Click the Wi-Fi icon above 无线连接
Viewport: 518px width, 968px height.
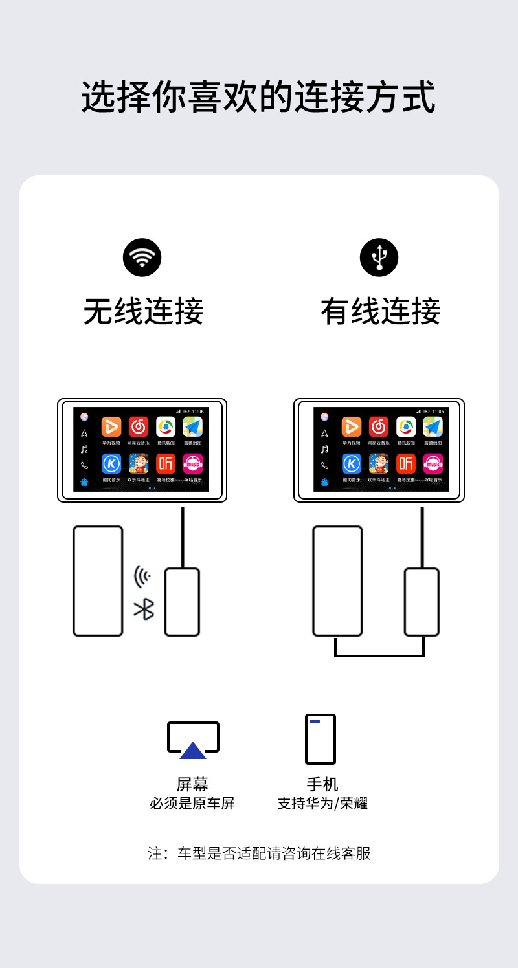[142, 258]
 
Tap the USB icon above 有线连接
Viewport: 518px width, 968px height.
[379, 258]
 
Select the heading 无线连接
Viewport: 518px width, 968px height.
[143, 311]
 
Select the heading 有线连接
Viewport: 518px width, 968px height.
[380, 311]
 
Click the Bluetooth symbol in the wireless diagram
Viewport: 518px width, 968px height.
[144, 609]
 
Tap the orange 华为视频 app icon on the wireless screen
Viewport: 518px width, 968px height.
[111, 426]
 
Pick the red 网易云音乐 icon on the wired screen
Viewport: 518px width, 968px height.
[379, 426]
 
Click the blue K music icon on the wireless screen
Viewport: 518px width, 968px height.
[111, 463]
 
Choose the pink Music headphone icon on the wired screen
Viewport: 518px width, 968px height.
[433, 463]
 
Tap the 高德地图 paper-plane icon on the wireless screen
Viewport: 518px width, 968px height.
[193, 426]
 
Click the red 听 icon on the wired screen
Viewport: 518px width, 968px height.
[406, 463]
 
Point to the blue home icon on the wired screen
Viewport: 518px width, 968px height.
[324, 481]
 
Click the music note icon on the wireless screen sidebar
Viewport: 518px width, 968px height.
[84, 449]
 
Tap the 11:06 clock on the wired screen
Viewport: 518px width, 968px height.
[438, 412]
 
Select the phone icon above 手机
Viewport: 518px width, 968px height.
[321, 739]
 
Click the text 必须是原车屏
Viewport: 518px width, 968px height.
[192, 804]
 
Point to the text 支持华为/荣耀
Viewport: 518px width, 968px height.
[322, 804]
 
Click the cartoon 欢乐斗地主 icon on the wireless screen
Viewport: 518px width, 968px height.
[139, 463]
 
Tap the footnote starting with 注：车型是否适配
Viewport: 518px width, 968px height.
[259, 853]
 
